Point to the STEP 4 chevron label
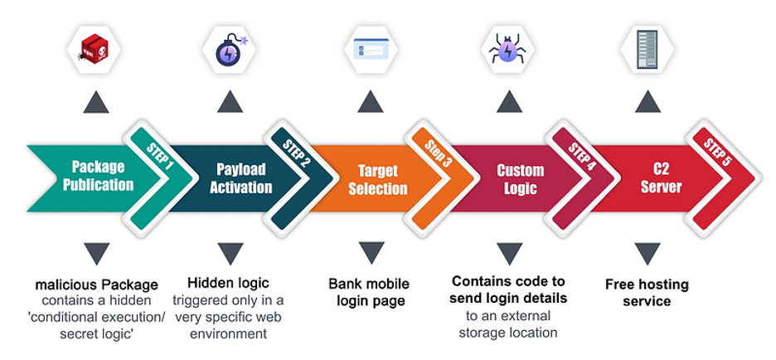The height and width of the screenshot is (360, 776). coord(580,155)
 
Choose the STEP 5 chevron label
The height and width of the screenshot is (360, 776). coord(717,155)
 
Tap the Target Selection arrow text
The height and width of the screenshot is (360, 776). coord(377,179)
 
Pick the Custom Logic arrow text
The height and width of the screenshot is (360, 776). coord(520,179)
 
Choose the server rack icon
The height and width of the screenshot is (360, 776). coord(647,47)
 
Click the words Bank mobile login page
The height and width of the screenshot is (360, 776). coord(371,292)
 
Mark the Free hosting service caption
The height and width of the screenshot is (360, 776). coord(646,292)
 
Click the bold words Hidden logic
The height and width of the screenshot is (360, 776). coord(228,282)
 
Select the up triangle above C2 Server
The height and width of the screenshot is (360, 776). coord(647,102)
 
